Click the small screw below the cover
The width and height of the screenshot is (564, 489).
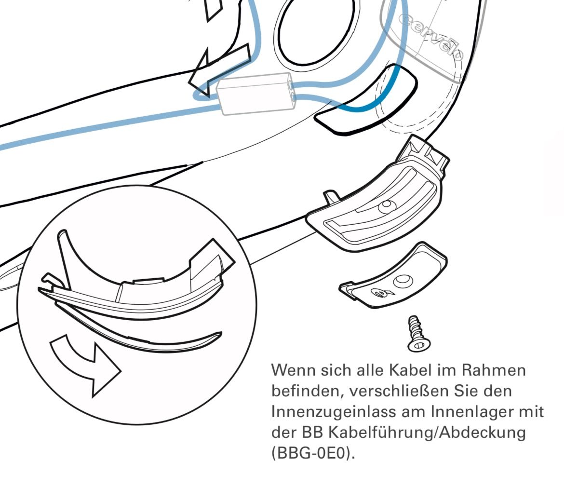pyautogui.click(x=419, y=334)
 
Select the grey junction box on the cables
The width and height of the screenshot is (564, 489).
pyautogui.click(x=256, y=93)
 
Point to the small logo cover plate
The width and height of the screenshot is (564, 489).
pyautogui.click(x=393, y=275)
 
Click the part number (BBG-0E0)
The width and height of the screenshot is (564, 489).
pyautogui.click(x=313, y=453)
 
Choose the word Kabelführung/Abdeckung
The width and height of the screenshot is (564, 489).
pyautogui.click(x=427, y=432)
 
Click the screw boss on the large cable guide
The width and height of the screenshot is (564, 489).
pyautogui.click(x=387, y=206)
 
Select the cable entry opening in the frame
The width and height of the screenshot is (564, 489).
pyautogui.click(x=365, y=99)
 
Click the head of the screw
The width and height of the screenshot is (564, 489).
pyautogui.click(x=419, y=345)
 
